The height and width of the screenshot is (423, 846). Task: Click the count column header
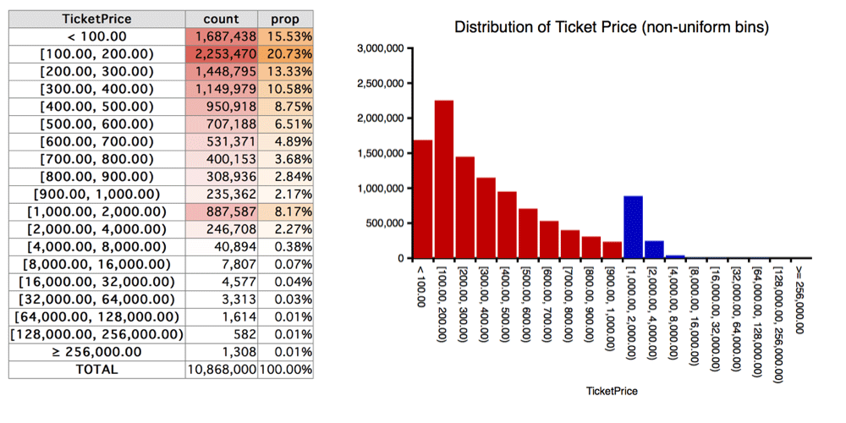coord(221,19)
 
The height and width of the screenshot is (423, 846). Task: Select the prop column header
coord(285,19)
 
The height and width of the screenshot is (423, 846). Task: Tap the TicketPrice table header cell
coord(97,19)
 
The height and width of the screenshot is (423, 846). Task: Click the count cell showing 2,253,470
coord(221,54)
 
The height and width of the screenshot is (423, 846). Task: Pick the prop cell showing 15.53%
coord(285,36)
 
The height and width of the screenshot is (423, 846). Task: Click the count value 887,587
coord(221,211)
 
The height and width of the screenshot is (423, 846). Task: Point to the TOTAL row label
coord(97,370)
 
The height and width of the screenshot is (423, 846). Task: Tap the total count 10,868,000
coord(221,370)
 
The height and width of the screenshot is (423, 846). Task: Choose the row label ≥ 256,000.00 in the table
coord(97,352)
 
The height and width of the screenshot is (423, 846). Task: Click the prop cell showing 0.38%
coord(285,246)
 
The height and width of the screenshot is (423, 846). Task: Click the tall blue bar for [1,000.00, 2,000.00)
coord(633,227)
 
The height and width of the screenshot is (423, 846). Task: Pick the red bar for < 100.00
coord(423,199)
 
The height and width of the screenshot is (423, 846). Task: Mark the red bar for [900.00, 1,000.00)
coord(612,250)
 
